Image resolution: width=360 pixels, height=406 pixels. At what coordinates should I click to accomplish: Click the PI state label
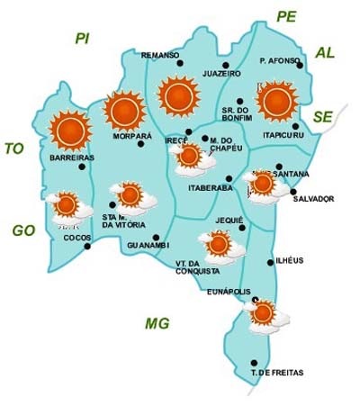83,38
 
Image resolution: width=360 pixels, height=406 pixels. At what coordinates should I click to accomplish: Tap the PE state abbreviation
286,16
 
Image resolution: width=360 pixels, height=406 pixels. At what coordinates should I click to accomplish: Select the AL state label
325,53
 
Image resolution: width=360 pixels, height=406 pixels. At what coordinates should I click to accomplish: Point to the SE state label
323,116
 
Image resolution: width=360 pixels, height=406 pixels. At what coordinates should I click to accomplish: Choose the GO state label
23,230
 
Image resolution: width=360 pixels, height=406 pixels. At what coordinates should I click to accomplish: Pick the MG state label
157,323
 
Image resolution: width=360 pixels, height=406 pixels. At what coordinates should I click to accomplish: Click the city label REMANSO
161,55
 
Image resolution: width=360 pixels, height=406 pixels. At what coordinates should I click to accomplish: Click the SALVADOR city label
313,198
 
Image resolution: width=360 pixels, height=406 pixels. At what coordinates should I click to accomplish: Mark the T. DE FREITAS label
277,373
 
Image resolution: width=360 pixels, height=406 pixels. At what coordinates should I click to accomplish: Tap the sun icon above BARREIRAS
68,130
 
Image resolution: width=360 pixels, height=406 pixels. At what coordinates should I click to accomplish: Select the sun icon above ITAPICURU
277,100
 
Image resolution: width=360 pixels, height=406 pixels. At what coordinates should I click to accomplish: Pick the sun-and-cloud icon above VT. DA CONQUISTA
217,244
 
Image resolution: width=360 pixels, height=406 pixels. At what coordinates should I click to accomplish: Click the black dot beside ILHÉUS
272,262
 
